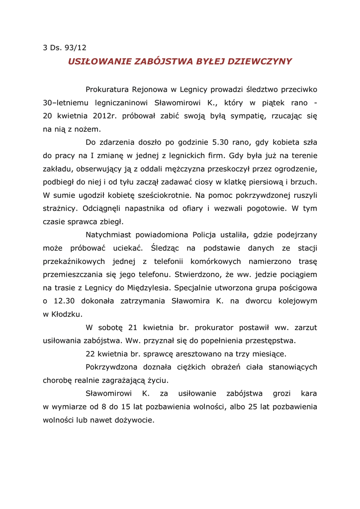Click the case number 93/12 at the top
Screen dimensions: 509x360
point(76,48)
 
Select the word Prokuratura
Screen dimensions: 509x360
point(106,89)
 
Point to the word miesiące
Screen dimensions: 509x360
point(267,354)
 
